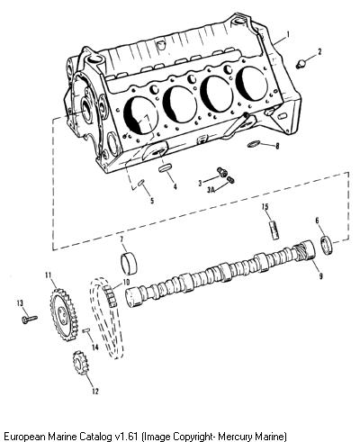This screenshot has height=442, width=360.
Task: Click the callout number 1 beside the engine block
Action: pyautogui.click(x=288, y=34)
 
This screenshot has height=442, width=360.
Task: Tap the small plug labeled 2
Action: pyautogui.click(x=301, y=64)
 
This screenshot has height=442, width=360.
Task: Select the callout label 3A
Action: pyautogui.click(x=211, y=190)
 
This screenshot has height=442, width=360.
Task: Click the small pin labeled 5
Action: pyautogui.click(x=141, y=183)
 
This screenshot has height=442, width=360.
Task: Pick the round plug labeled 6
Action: pyautogui.click(x=327, y=246)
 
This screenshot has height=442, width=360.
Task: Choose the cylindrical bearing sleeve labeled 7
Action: pyautogui.click(x=129, y=263)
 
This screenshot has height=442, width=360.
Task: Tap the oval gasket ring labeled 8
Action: pyautogui.click(x=254, y=144)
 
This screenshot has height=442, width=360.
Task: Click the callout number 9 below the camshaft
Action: pyautogui.click(x=320, y=276)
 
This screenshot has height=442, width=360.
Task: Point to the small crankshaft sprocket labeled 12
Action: pyautogui.click(x=79, y=363)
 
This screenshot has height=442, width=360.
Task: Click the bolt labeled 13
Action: pyautogui.click(x=30, y=319)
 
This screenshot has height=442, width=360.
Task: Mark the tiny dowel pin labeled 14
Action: pyautogui.click(x=86, y=330)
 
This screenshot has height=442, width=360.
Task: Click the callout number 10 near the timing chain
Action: pyautogui.click(x=125, y=283)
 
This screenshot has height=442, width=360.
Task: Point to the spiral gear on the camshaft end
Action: pyautogui.click(x=304, y=250)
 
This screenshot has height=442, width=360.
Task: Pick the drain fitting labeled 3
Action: pyautogui.click(x=222, y=172)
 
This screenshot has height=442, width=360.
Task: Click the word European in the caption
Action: pyautogui.click(x=22, y=436)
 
